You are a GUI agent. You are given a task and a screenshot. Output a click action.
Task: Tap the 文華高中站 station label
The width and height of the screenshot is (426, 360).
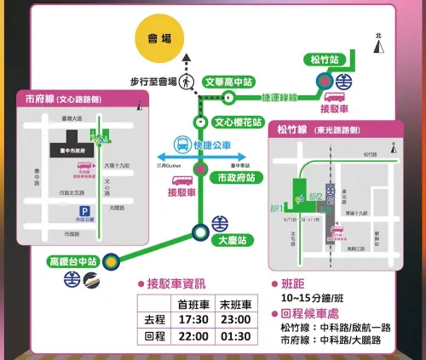(x=230, y=83)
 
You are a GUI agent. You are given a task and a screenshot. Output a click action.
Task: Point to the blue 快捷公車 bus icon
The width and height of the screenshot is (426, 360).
(x=181, y=145)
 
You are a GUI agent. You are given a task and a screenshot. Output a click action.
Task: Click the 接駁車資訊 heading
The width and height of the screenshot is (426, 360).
(x=176, y=283)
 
